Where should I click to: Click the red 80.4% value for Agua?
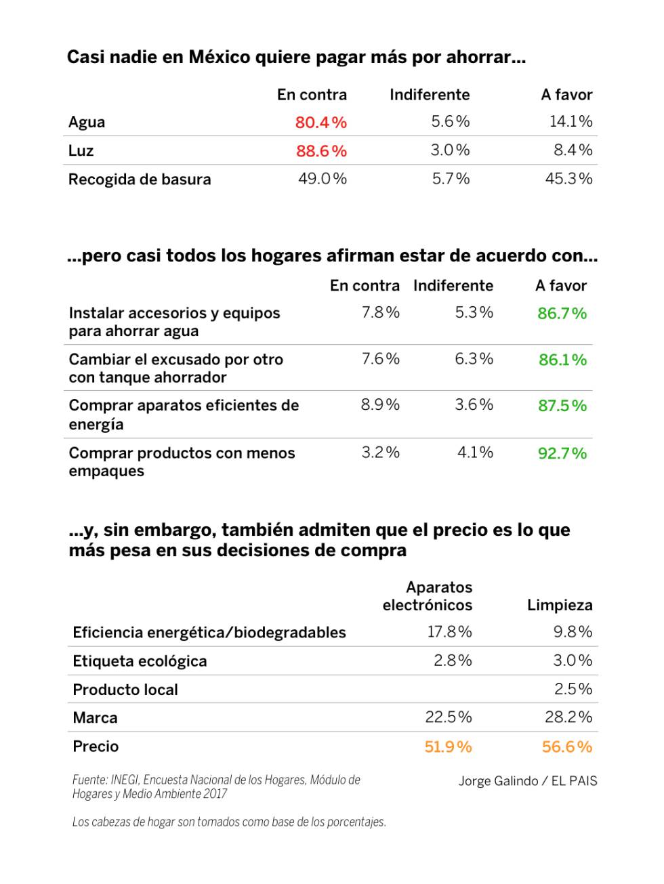click(320, 123)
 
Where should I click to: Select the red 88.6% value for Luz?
click(321, 151)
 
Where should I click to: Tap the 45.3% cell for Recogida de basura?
click(568, 179)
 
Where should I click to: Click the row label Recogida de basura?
click(140, 180)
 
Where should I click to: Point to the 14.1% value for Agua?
click(570, 122)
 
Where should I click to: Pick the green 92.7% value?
click(562, 453)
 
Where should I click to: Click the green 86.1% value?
click(562, 360)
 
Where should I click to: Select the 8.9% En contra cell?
click(380, 405)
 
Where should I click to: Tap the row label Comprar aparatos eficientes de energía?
click(184, 415)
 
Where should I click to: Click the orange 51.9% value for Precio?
click(448, 746)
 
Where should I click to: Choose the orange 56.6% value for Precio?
click(566, 746)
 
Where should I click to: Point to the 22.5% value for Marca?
click(449, 717)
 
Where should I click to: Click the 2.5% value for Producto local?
click(573, 689)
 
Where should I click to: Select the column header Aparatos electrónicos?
click(428, 596)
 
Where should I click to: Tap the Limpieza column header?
click(560, 605)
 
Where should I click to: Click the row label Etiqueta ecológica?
click(140, 661)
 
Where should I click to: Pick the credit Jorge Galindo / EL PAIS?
click(528, 781)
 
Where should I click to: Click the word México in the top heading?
click(220, 57)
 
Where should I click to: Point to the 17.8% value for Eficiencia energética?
click(449, 632)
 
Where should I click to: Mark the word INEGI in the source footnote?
click(125, 780)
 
